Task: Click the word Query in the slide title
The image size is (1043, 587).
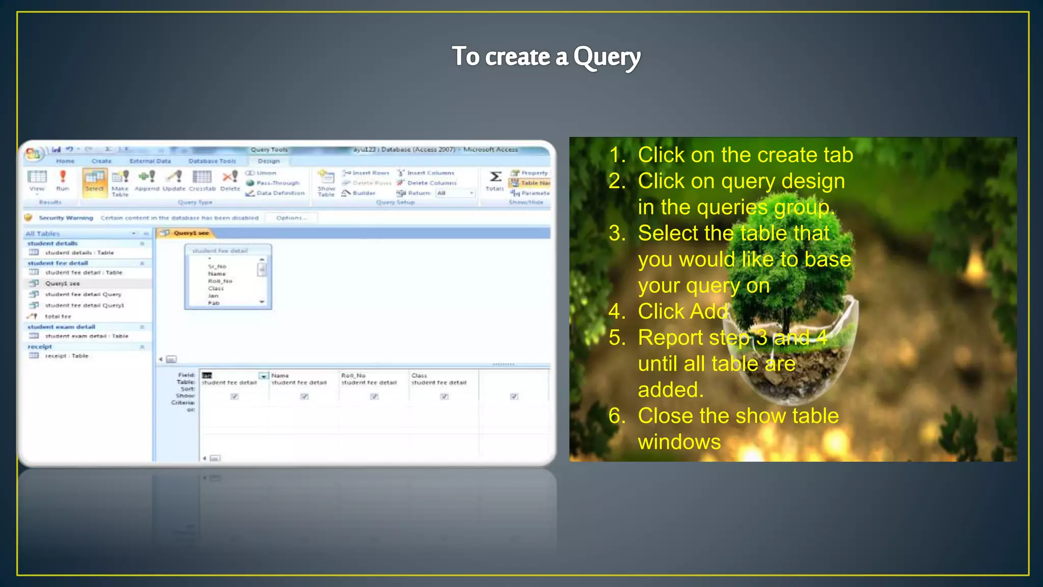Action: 607,57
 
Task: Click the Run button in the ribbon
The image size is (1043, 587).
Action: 63,180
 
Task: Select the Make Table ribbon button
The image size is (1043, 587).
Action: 120,183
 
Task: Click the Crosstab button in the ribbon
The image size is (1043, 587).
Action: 202,180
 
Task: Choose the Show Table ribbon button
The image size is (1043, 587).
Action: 326,183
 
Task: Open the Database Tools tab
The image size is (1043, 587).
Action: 212,161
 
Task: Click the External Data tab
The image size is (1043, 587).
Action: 150,161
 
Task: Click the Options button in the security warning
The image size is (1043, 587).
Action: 291,218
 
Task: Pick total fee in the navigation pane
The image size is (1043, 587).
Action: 58,316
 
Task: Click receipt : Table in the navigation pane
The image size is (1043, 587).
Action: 66,356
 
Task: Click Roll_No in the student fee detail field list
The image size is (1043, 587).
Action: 220,281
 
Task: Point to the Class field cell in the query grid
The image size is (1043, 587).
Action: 419,376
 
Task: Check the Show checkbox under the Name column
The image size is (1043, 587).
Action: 304,396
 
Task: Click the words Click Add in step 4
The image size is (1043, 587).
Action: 682,311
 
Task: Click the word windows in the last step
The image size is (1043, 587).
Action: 679,442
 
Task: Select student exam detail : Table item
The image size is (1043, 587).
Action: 86,336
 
